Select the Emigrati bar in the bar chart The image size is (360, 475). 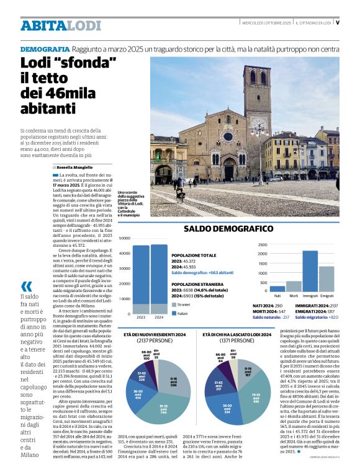(x=326, y=278)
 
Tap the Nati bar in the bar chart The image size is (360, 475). (x=277, y=288)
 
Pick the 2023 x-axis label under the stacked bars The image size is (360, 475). (x=142, y=317)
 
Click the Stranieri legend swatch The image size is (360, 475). (x=173, y=305)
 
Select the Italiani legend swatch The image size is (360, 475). (x=173, y=313)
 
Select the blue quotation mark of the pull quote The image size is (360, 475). (x=26, y=286)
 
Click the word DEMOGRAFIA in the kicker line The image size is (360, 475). (x=45, y=48)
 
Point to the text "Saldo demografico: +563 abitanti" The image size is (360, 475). (x=202, y=273)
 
